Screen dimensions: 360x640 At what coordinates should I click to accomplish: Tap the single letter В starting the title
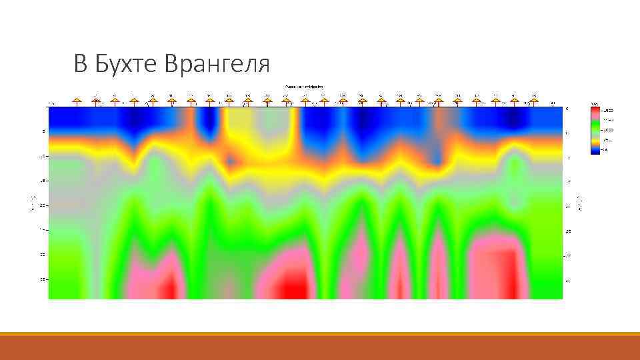coord(80,64)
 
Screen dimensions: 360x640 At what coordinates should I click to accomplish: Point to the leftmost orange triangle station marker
coord(77,101)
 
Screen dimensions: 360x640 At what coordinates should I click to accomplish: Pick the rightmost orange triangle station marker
coord(533,101)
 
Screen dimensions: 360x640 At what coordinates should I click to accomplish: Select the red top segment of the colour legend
coord(596,113)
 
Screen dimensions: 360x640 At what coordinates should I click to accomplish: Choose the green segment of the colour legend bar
coord(596,130)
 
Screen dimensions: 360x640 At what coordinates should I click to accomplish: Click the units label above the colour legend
coord(594,104)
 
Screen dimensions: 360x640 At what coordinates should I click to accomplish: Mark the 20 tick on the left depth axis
coord(43,205)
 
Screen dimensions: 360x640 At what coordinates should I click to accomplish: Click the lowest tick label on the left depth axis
coord(43,279)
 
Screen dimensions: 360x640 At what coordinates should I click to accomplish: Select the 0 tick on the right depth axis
coord(567,107)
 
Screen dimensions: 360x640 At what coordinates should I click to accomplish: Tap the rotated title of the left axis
coord(31,203)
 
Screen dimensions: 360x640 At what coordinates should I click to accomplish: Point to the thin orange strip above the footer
coord(320,334)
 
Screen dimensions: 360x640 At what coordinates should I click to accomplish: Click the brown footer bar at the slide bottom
coord(320,348)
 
